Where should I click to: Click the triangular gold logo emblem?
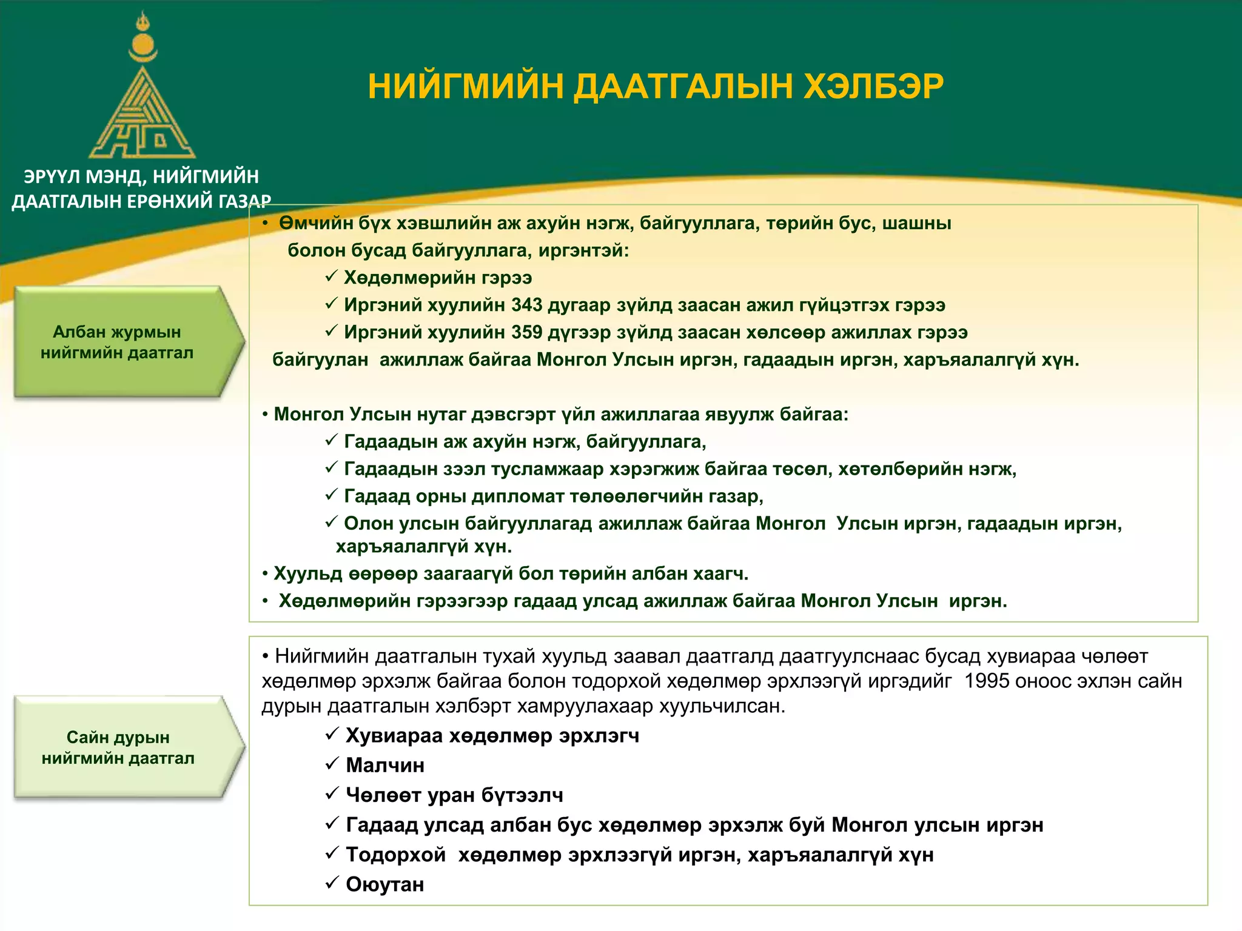point(143,118)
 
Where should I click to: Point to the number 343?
point(526,305)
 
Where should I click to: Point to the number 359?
point(526,332)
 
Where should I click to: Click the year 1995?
point(987,681)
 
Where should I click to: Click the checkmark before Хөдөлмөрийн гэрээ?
point(331,276)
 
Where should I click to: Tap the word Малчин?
point(384,766)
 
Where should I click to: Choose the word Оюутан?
point(384,884)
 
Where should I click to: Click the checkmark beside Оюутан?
point(331,883)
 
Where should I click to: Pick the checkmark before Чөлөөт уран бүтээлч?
point(331,793)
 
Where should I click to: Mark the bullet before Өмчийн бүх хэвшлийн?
point(265,224)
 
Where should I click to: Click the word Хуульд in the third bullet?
point(307,573)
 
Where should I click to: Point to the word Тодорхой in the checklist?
point(395,855)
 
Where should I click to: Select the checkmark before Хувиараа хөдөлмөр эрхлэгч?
point(331,734)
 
